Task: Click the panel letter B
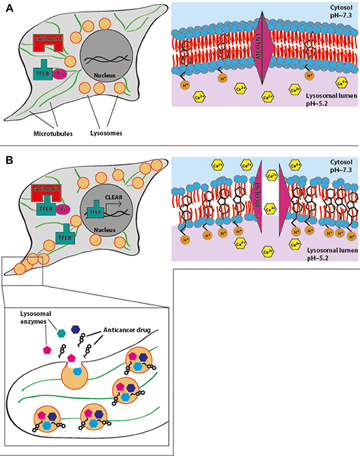[9, 161]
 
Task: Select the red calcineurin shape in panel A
[50, 43]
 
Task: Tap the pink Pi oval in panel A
[61, 73]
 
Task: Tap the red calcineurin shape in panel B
[50, 193]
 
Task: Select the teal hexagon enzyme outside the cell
[61, 332]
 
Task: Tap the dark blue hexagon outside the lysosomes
[76, 329]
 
